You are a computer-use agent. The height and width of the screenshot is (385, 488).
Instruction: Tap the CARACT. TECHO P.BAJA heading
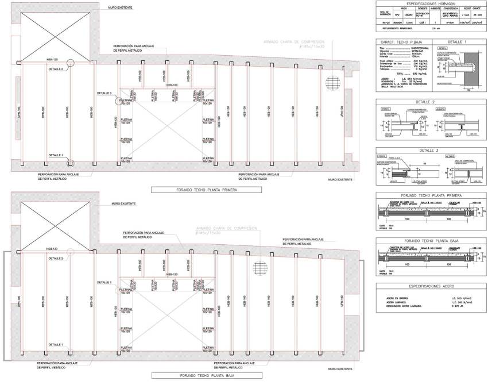(400, 43)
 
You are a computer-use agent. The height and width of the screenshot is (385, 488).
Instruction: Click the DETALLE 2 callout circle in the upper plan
(70, 63)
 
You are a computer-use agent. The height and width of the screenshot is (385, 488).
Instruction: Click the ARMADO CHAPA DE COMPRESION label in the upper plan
(295, 43)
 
